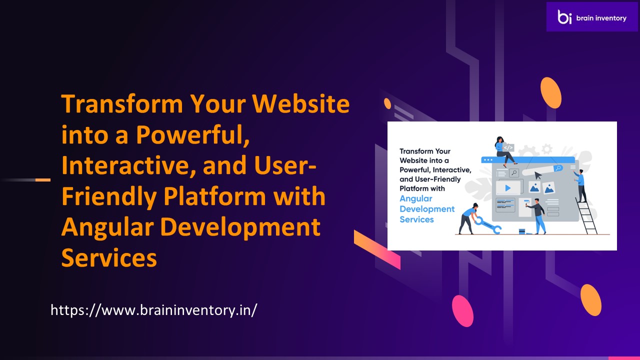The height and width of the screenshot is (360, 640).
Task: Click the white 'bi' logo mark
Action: [564, 17]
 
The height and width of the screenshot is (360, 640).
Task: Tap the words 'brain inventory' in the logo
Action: [601, 18]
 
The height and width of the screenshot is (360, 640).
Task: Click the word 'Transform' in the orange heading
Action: [122, 103]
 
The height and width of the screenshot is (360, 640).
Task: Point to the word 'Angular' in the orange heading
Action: [107, 227]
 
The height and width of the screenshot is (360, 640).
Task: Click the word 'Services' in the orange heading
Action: [109, 257]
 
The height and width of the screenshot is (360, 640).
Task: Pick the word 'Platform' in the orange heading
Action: [214, 197]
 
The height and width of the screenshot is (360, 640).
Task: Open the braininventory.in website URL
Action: [154, 310]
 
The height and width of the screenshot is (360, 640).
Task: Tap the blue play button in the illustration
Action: [507, 187]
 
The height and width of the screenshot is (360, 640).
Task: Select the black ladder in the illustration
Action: [586, 215]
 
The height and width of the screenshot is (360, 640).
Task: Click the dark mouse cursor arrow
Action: [538, 175]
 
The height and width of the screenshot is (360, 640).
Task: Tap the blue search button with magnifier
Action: [558, 168]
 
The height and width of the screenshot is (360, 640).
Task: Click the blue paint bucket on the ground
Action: [522, 231]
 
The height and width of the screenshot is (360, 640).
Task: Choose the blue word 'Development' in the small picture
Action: [427, 209]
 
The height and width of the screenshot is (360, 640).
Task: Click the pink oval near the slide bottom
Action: [462, 311]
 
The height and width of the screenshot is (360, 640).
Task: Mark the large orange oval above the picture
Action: [551, 93]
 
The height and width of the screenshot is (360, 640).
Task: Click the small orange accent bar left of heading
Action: [43, 180]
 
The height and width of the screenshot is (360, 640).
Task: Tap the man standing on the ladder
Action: [580, 185]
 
